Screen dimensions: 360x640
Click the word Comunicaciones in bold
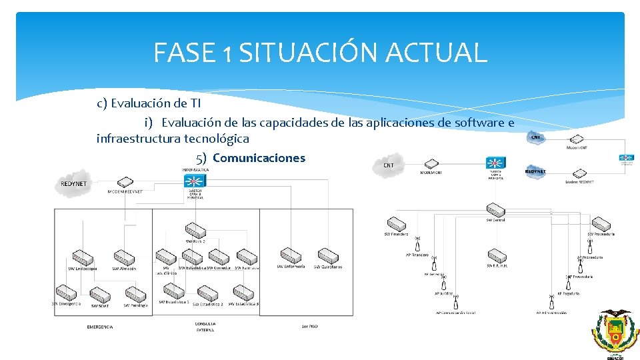259,158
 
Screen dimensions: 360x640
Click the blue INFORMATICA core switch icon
195,180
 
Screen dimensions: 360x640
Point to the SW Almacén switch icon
125,257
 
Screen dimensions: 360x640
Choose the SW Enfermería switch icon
291,255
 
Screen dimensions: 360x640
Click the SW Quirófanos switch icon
328,255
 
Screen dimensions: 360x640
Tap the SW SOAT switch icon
99,294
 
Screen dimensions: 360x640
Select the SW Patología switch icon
136,294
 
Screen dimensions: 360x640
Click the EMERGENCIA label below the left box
100,327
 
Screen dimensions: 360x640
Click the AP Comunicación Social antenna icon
456,303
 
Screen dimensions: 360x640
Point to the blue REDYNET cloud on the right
535,171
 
